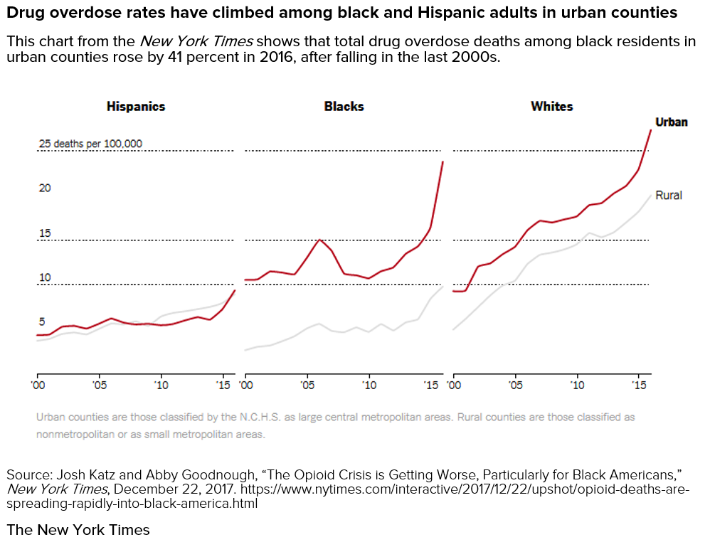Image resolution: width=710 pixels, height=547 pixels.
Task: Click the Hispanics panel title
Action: coord(135,107)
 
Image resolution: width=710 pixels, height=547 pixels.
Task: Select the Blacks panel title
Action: coord(344,107)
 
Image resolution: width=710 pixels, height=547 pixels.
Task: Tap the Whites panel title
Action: coord(551,107)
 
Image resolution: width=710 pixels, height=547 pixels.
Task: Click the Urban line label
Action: coord(671,122)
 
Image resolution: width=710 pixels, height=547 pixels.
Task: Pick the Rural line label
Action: coord(668,195)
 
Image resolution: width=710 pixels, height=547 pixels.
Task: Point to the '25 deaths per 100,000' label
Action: coord(90,144)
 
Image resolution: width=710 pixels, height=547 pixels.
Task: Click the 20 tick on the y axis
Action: coord(45,188)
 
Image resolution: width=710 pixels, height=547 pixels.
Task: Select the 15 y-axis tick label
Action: coord(45,233)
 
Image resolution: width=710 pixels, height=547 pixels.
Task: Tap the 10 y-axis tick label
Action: coord(45,277)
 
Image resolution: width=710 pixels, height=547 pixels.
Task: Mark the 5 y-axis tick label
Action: coord(41,322)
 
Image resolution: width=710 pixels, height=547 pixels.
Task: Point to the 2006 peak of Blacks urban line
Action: coord(319,240)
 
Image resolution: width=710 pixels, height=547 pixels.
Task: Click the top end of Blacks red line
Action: coord(443,161)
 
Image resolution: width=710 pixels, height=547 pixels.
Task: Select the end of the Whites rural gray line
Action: coord(650,194)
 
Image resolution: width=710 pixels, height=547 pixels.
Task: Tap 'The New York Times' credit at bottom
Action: coord(78,530)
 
